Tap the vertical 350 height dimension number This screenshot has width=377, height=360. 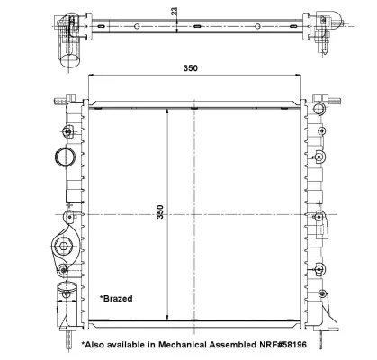(161, 213)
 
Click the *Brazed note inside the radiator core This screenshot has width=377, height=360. (116, 296)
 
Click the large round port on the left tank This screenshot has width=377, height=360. (65, 157)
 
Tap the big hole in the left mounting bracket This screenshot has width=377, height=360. (64, 246)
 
